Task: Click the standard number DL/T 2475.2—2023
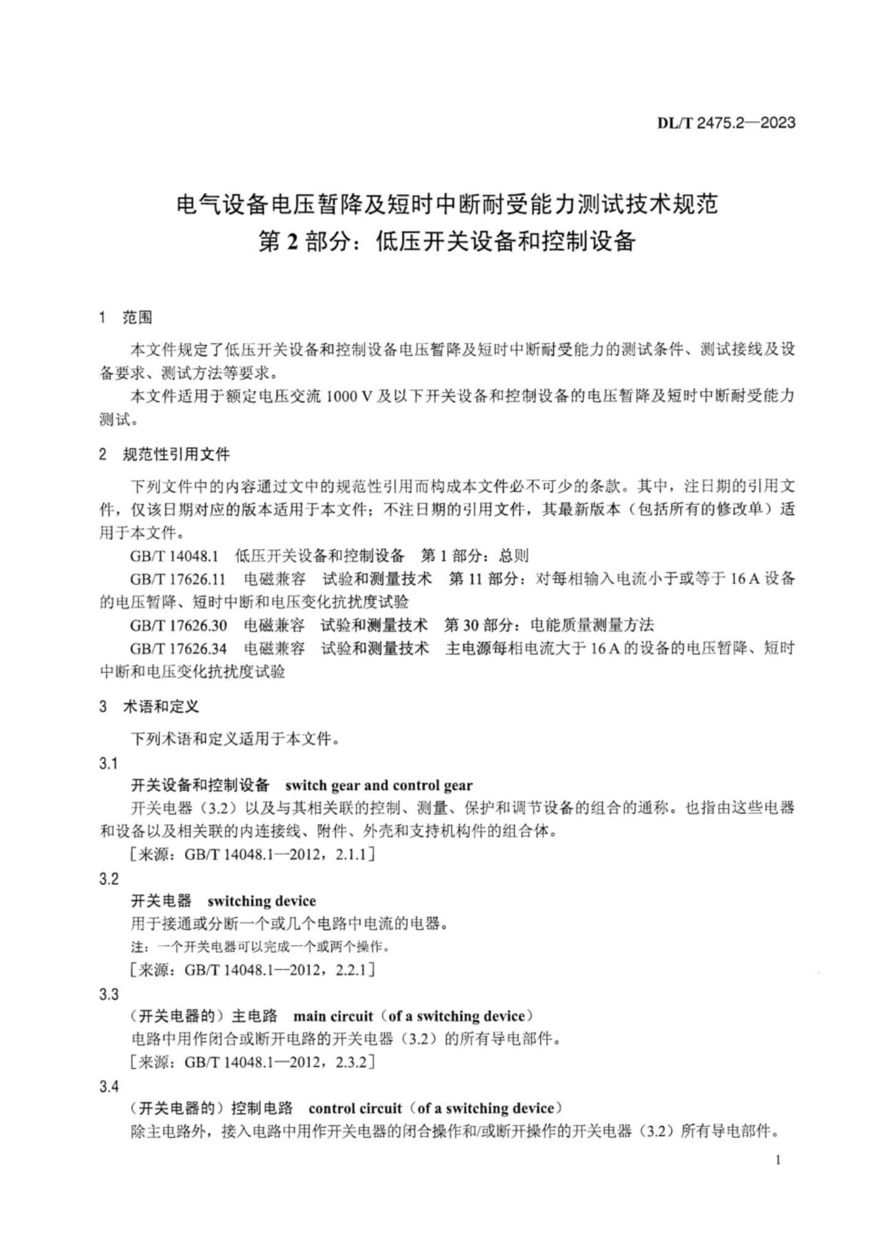[x=726, y=123]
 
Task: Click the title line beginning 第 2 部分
[x=447, y=241]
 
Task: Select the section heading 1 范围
[x=126, y=317]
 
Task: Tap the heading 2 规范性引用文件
[x=164, y=454]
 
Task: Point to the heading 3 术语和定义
[x=149, y=707]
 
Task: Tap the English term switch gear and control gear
[x=379, y=786]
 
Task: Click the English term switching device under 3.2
[x=262, y=901]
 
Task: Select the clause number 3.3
[x=108, y=994]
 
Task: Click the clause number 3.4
[x=108, y=1086]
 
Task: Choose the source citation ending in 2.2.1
[x=252, y=969]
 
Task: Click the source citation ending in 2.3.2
[x=252, y=1062]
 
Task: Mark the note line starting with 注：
[x=260, y=947]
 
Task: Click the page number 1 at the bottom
[x=778, y=1160]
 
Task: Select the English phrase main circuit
[x=333, y=1017]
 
